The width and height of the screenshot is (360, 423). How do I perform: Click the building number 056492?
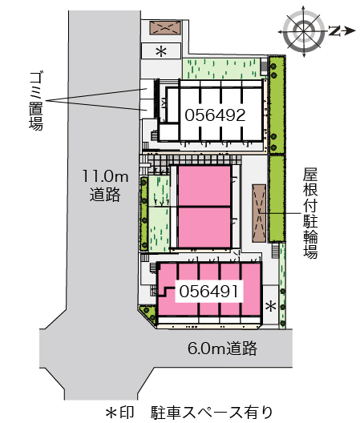point(215,115)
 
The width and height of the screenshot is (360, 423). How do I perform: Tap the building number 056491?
point(209,292)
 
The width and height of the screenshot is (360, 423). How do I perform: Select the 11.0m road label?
point(105,186)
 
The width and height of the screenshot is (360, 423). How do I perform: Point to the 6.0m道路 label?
point(222,348)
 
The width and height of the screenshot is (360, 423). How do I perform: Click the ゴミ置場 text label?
point(36,101)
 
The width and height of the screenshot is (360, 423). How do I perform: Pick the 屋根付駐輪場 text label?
point(310,213)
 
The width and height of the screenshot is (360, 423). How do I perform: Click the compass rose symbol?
point(304,31)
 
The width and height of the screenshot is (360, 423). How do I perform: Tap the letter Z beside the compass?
point(334,31)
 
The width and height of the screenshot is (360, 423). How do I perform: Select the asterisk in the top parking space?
point(161,51)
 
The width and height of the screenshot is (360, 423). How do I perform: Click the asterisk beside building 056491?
point(271,307)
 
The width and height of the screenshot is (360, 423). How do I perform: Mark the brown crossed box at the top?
point(165,28)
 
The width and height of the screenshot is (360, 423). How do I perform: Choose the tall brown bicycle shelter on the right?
point(259,213)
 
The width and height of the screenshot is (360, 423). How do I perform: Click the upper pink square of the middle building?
point(204,186)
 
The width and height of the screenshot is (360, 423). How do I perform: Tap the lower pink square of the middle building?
point(204,228)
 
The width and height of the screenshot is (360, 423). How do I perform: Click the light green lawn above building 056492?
point(221,69)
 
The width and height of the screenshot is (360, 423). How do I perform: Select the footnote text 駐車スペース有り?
point(212,413)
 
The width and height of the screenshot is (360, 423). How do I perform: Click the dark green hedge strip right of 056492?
point(277,105)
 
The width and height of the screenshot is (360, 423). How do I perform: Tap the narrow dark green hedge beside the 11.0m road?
point(144,213)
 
